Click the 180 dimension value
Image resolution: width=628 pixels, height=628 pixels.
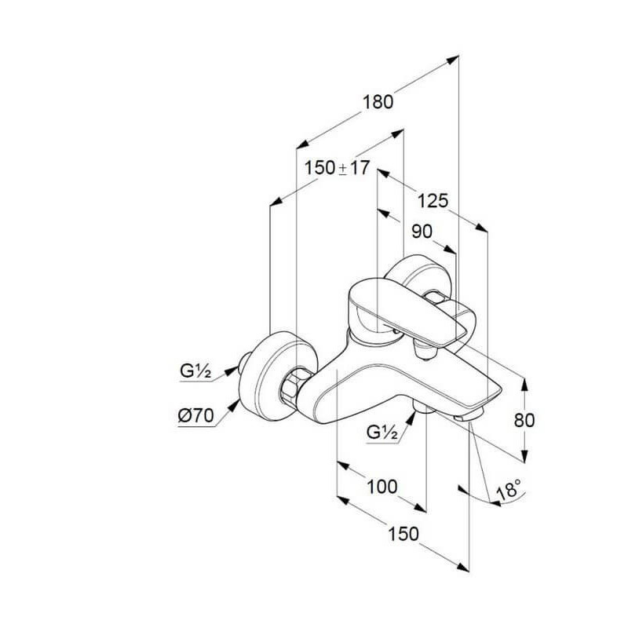click(x=378, y=102)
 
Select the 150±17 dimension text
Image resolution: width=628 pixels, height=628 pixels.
click(x=337, y=168)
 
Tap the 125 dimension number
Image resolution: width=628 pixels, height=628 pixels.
click(x=433, y=201)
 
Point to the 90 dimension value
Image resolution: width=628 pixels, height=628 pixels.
click(x=422, y=232)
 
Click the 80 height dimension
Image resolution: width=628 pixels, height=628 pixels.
click(x=524, y=420)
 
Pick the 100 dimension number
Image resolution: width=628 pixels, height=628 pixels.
click(x=382, y=487)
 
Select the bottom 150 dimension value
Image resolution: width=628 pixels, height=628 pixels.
click(x=403, y=534)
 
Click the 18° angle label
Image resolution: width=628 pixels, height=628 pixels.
click(x=509, y=488)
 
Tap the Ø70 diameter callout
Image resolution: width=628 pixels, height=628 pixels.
click(x=195, y=416)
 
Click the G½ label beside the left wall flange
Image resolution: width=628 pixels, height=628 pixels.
click(x=195, y=371)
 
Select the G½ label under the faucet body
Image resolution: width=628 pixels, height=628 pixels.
click(x=382, y=433)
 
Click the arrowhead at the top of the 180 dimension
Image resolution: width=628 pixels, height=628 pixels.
click(x=452, y=60)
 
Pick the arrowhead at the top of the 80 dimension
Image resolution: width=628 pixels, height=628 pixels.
click(x=524, y=384)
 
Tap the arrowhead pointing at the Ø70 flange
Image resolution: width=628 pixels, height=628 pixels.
click(x=233, y=405)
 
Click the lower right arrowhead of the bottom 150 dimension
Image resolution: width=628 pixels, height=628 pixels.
click(x=462, y=567)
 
